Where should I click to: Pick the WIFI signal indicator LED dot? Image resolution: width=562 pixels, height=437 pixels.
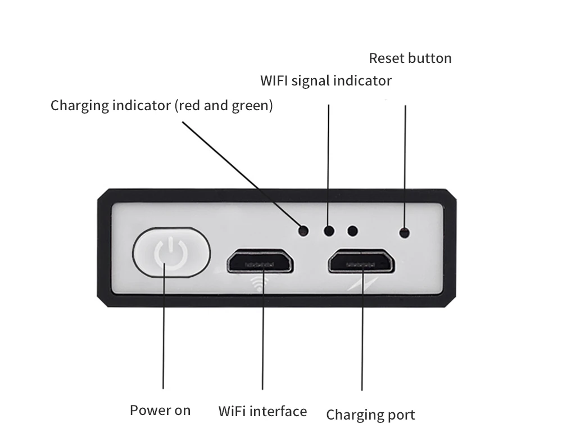(329, 230)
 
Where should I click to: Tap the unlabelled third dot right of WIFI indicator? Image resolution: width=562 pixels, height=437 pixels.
(353, 230)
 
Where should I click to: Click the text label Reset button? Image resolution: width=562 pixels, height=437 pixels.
(410, 58)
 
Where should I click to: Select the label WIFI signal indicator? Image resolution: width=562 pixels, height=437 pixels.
(325, 80)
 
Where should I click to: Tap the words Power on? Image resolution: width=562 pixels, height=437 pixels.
(160, 410)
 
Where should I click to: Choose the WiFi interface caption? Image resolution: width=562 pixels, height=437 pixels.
(262, 411)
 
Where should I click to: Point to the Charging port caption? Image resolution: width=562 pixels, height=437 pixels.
(370, 415)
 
